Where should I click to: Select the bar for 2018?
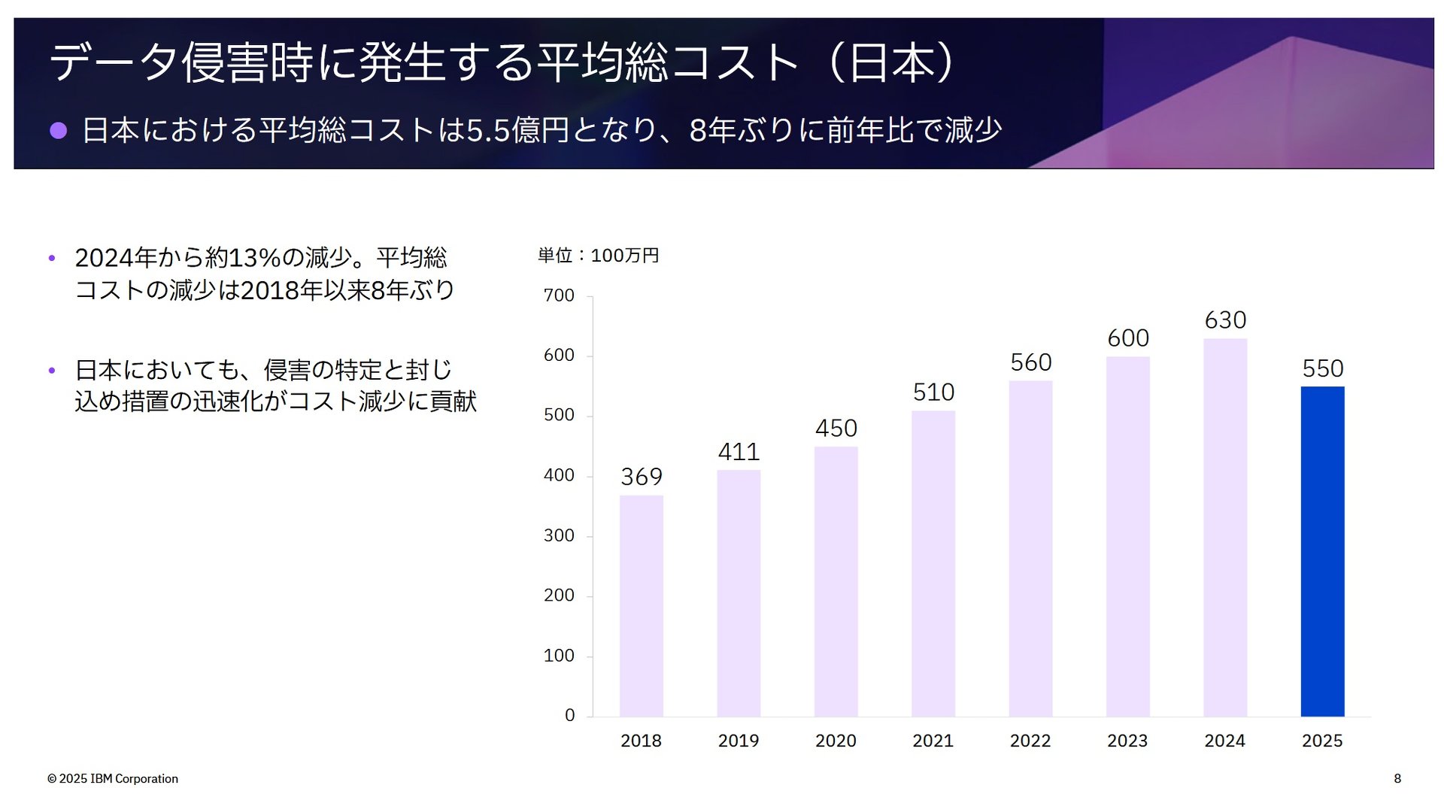[x=641, y=605]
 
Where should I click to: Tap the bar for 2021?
[x=933, y=563]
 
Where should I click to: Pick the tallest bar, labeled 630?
[x=1224, y=527]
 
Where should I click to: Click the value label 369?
[x=641, y=477]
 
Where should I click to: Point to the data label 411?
[x=739, y=452]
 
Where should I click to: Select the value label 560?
[x=1030, y=362]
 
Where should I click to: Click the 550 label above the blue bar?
[x=1322, y=368]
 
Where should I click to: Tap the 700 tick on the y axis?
[x=558, y=295]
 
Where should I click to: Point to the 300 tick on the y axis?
[x=558, y=535]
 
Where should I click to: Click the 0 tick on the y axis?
[x=569, y=715]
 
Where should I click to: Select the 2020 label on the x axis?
[x=836, y=741]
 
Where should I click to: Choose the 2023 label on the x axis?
[x=1127, y=741]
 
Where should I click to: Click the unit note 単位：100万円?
[x=598, y=256]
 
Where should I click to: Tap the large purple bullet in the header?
[x=59, y=131]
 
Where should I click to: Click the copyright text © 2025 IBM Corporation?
[x=113, y=779]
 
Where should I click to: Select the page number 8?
[x=1397, y=779]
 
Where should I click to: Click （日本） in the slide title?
[x=891, y=62]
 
